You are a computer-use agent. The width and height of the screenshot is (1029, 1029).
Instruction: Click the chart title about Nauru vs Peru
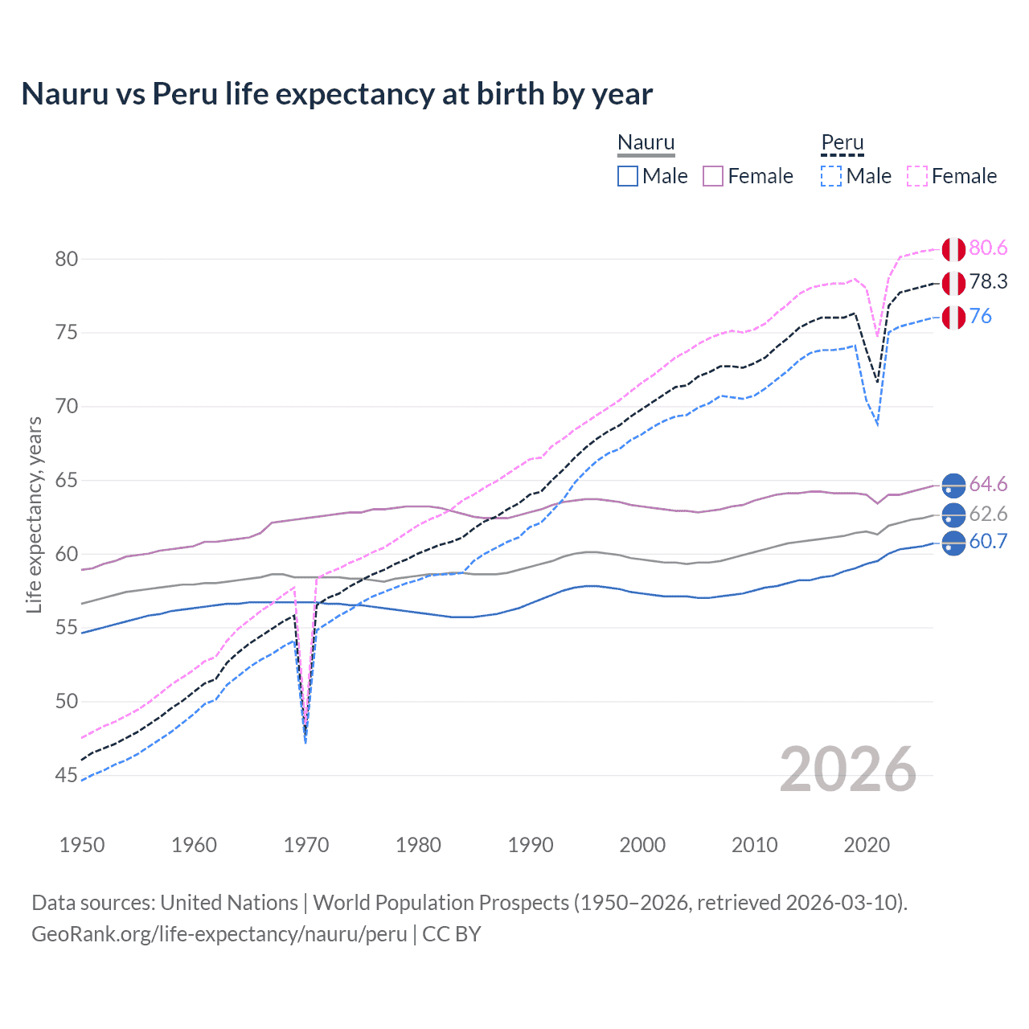pyautogui.click(x=337, y=94)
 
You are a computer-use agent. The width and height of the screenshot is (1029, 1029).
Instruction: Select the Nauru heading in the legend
pyautogui.click(x=646, y=142)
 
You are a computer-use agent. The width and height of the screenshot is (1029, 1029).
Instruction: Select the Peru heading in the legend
pyautogui.click(x=842, y=142)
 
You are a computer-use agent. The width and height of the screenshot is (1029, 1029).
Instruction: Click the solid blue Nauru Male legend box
pyautogui.click(x=628, y=176)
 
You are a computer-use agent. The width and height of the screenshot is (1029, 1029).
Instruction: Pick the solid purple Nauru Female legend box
pyautogui.click(x=713, y=176)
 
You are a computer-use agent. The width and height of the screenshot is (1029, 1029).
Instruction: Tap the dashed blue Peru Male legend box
pyautogui.click(x=831, y=176)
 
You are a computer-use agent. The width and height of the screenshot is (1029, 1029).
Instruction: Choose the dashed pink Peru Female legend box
pyautogui.click(x=917, y=176)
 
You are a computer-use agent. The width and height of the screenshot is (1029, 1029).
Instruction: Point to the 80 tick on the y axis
pyautogui.click(x=67, y=259)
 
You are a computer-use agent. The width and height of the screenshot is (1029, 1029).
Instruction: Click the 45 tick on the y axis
pyautogui.click(x=67, y=776)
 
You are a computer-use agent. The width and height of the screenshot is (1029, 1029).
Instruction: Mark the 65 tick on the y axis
pyautogui.click(x=67, y=481)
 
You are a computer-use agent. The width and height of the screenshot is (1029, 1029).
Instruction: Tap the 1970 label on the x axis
pyautogui.click(x=306, y=845)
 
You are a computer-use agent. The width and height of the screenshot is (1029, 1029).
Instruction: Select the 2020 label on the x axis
pyautogui.click(x=867, y=845)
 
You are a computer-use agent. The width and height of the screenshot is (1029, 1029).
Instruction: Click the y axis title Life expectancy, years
pyautogui.click(x=35, y=514)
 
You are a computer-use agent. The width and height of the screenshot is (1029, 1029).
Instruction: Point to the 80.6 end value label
pyautogui.click(x=988, y=248)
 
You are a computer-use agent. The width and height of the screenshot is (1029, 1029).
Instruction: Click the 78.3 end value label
pyautogui.click(x=988, y=282)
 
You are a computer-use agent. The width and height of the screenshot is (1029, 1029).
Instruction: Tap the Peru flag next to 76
pyautogui.click(x=953, y=318)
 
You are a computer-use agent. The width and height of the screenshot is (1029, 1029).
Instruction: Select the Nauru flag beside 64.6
pyautogui.click(x=953, y=485)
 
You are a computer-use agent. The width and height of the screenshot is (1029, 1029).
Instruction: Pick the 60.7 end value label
pyautogui.click(x=988, y=542)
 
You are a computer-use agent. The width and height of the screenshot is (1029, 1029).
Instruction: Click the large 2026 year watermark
pyautogui.click(x=847, y=769)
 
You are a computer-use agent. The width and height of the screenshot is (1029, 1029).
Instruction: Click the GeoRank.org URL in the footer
pyautogui.click(x=219, y=934)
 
